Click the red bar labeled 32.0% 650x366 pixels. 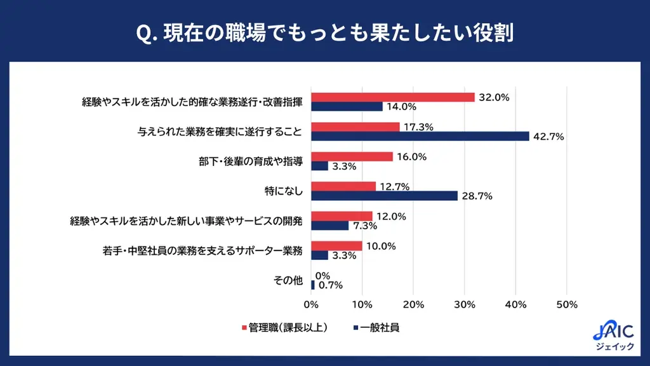click(392, 97)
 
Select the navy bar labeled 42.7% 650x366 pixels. click(420, 136)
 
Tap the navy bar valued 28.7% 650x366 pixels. click(384, 196)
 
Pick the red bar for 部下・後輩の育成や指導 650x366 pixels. click(352, 156)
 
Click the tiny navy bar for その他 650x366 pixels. click(312, 285)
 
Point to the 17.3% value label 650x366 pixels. click(418, 127)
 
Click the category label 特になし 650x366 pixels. click(284, 190)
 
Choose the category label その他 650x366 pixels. click(289, 280)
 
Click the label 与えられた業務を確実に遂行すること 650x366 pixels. click(220, 132)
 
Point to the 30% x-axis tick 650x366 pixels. click(465, 304)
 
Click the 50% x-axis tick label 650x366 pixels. click(566, 304)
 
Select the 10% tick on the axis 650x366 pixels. click(362, 304)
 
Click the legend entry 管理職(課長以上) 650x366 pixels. click(284, 329)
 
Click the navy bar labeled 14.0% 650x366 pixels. click(347, 107)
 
